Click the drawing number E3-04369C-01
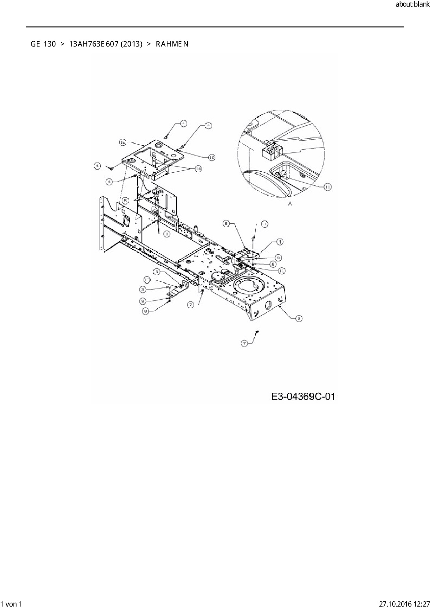(x=303, y=396)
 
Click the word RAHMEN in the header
(x=172, y=44)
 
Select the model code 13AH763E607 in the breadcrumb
(x=92, y=44)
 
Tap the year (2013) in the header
(x=131, y=44)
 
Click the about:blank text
(x=412, y=5)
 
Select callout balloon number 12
(x=123, y=142)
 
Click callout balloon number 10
(x=212, y=157)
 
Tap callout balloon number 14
(x=198, y=169)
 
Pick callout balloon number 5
(x=126, y=200)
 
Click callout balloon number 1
(x=279, y=242)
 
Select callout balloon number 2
(x=299, y=318)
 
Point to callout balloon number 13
(x=147, y=280)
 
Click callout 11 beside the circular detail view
(x=328, y=187)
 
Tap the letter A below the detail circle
(x=290, y=203)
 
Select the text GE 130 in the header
(x=43, y=44)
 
